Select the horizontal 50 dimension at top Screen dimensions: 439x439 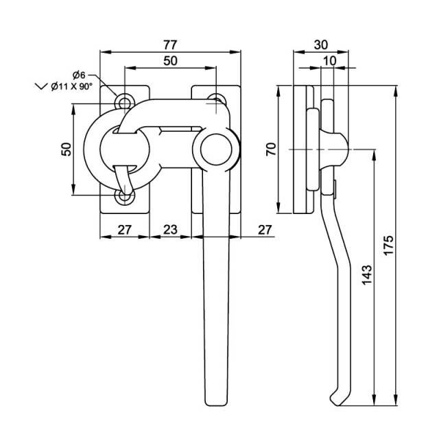pos(170,60)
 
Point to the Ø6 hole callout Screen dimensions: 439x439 pos(78,75)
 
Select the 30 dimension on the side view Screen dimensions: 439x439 pos(320,45)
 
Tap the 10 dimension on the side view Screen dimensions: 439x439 pos(329,60)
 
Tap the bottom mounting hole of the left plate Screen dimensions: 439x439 pos(124,197)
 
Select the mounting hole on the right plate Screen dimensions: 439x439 pos(215,100)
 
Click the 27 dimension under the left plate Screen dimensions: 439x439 pos(124,229)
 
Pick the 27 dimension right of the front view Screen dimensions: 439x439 pos(264,229)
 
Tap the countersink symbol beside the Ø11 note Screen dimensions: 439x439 pos(39,86)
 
